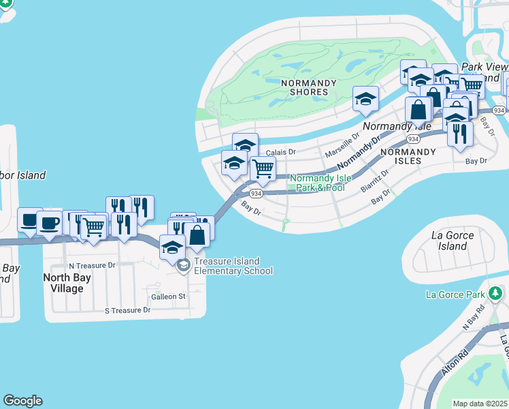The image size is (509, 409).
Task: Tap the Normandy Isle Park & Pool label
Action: (x=317, y=183)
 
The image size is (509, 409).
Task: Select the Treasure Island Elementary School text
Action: (x=233, y=266)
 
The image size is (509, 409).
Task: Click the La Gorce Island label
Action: (x=452, y=241)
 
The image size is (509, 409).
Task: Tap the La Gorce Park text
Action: (x=455, y=294)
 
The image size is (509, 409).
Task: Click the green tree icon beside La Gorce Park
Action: (x=496, y=294)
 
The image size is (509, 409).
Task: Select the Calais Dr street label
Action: (x=281, y=152)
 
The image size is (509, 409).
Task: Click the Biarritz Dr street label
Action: (x=374, y=180)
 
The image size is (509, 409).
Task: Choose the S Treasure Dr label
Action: (x=127, y=310)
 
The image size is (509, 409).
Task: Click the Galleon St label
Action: (x=168, y=297)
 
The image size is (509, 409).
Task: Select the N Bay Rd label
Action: (x=473, y=318)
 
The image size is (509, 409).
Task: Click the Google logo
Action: (x=22, y=401)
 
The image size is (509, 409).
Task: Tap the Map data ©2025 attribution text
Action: (x=480, y=404)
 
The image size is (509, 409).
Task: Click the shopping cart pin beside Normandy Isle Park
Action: (x=263, y=169)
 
